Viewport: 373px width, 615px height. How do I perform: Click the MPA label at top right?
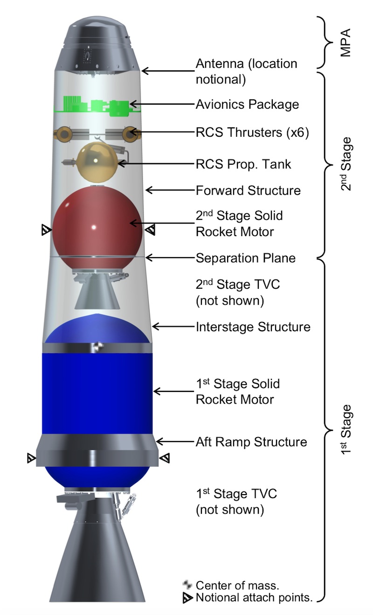[x=345, y=43]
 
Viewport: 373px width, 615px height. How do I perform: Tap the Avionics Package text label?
[x=247, y=104]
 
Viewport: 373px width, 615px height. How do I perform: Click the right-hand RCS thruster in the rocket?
[x=128, y=134]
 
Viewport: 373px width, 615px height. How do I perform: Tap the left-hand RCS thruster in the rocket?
[x=62, y=134]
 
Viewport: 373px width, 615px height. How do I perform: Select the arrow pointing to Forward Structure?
[x=168, y=190]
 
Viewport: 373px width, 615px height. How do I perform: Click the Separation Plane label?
[x=245, y=258]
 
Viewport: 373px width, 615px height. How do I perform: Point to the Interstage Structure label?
[x=253, y=327]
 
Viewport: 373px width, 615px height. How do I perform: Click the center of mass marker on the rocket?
[x=97, y=346]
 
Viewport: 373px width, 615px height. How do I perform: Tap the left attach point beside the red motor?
[x=46, y=230]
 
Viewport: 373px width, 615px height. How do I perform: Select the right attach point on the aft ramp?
[x=165, y=458]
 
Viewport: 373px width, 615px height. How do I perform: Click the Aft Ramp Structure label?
[x=251, y=442]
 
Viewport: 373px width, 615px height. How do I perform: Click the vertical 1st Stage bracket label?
[x=345, y=429]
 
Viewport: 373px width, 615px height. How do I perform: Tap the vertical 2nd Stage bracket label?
[x=345, y=164]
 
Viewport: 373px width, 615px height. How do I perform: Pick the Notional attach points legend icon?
[x=187, y=598]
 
